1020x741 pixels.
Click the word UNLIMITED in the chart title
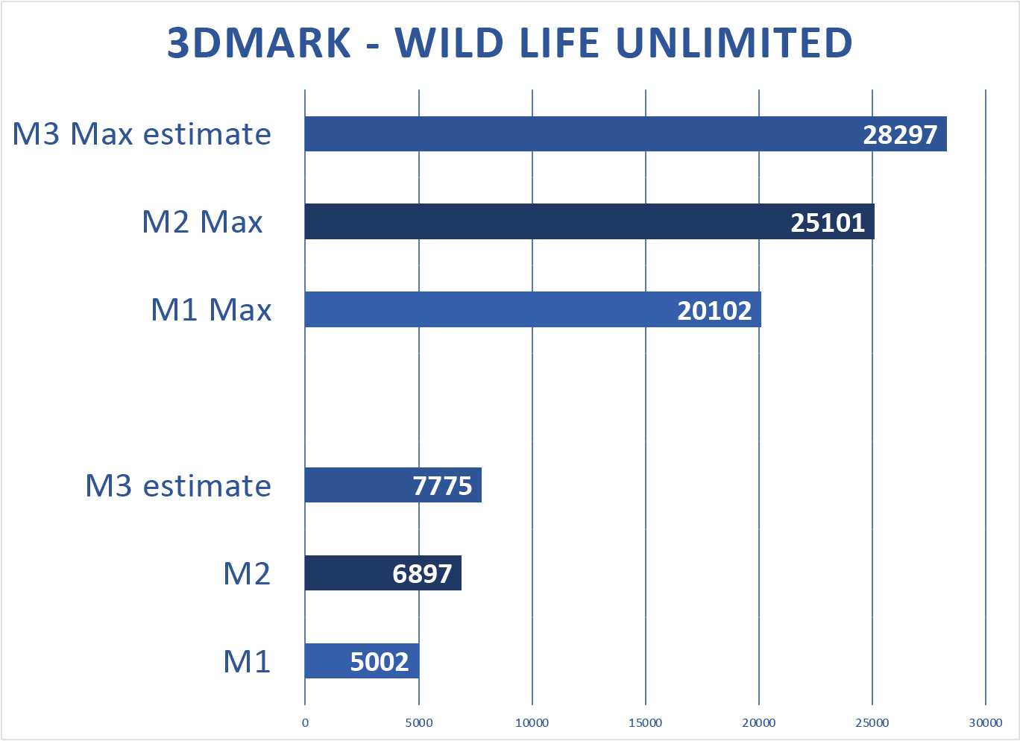coord(734,43)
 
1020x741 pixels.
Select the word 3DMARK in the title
coord(259,43)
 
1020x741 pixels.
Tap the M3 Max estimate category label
coord(142,134)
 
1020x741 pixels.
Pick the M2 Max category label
coord(203,222)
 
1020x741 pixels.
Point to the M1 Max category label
coord(211,309)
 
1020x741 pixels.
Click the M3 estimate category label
coord(178,485)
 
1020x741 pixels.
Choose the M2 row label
coord(247,573)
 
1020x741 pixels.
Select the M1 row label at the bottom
coord(247,661)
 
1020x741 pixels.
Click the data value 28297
coord(900,135)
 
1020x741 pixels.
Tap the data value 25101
coord(828,223)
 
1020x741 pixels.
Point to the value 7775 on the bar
coord(443,486)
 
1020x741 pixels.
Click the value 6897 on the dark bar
coord(422,574)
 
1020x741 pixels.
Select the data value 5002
coord(380,662)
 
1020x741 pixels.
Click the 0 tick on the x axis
coord(305,722)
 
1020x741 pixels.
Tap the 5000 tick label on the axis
coord(419,722)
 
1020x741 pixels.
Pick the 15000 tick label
coord(646,722)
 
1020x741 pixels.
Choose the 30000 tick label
coord(986,722)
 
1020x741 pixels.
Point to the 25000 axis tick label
coord(872,722)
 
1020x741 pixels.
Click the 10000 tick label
coord(532,722)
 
